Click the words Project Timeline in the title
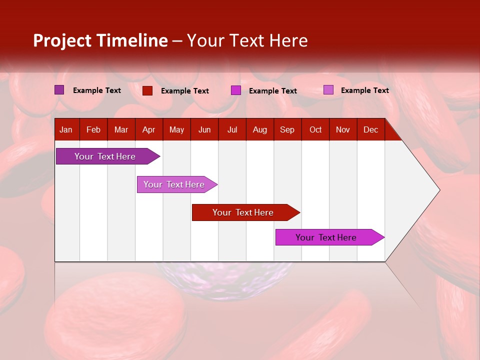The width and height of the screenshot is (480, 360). (100, 40)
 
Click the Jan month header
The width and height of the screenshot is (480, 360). (66, 130)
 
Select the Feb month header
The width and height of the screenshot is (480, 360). (93, 130)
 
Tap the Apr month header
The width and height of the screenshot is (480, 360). (148, 130)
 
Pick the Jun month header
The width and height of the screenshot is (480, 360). (204, 130)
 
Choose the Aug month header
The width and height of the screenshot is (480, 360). (259, 130)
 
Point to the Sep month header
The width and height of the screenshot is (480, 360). (287, 130)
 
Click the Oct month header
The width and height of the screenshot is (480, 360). (315, 130)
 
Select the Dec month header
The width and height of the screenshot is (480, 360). (370, 130)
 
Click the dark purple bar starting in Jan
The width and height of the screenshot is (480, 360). (105, 156)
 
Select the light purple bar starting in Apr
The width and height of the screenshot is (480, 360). (174, 184)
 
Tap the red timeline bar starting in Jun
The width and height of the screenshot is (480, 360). (243, 212)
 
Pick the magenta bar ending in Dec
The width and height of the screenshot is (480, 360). (326, 237)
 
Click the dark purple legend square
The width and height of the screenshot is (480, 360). (59, 90)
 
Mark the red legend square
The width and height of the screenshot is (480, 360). (147, 90)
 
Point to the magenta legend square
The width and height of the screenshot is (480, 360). (235, 90)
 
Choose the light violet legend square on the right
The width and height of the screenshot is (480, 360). (328, 90)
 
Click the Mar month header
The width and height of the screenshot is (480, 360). (121, 130)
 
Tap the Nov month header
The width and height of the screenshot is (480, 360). (343, 130)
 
